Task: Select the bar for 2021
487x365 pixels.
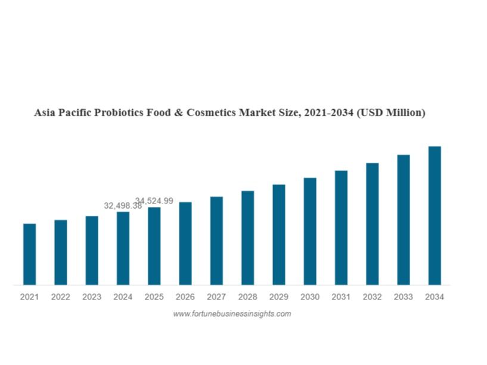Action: (29, 254)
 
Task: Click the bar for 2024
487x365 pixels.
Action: (123, 248)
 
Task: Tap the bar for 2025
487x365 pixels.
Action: (154, 246)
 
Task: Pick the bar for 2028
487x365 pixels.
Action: (247, 237)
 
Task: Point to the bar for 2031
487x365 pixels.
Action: (341, 227)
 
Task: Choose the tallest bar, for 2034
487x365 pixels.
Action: (435, 215)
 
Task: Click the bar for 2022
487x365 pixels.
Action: (60, 252)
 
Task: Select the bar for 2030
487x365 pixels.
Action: (310, 231)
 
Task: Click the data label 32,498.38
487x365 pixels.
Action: (123, 206)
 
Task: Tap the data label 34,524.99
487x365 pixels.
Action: (154, 201)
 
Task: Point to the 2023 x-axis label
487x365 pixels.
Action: (92, 297)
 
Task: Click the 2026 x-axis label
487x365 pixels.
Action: (185, 297)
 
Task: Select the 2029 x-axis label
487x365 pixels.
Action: (278, 297)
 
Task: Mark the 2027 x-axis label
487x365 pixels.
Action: (216, 297)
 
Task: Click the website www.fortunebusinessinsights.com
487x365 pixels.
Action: (232, 314)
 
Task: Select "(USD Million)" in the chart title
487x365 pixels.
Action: (391, 113)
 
